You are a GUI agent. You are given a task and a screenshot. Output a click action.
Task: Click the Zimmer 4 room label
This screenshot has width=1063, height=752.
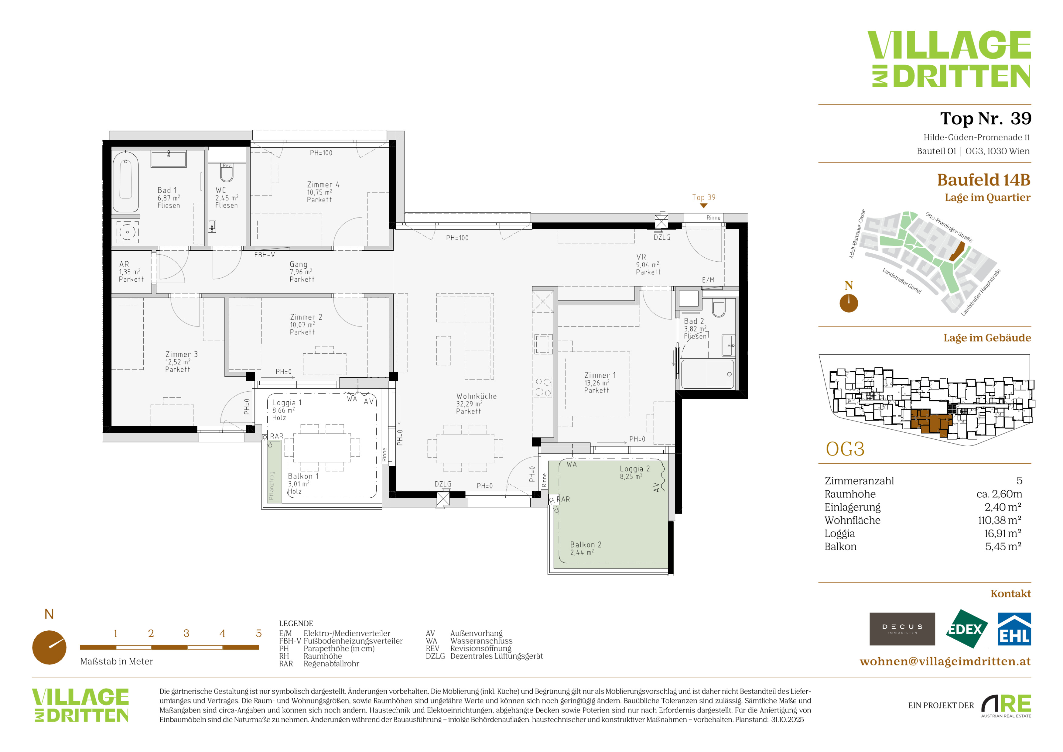click(323, 185)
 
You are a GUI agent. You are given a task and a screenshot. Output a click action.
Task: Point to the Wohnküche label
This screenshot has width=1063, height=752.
click(477, 397)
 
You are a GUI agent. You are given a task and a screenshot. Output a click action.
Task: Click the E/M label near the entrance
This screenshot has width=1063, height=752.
click(708, 280)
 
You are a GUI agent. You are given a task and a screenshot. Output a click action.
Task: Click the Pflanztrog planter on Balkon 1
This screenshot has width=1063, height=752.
click(274, 472)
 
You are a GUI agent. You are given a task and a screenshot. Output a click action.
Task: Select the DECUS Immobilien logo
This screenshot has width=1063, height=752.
click(902, 629)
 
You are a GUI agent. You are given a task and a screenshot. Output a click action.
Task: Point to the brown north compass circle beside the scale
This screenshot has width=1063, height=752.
click(49, 647)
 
